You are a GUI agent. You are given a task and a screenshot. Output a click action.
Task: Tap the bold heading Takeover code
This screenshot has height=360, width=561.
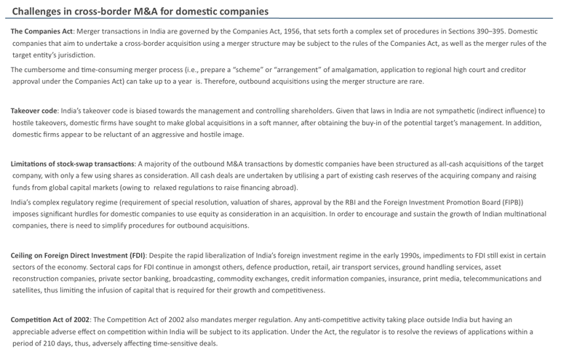coord(34,111)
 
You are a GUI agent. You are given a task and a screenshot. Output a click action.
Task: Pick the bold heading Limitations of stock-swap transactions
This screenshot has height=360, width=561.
coord(72,164)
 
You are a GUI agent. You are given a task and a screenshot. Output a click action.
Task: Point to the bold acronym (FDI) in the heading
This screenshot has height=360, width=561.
coord(137,255)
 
